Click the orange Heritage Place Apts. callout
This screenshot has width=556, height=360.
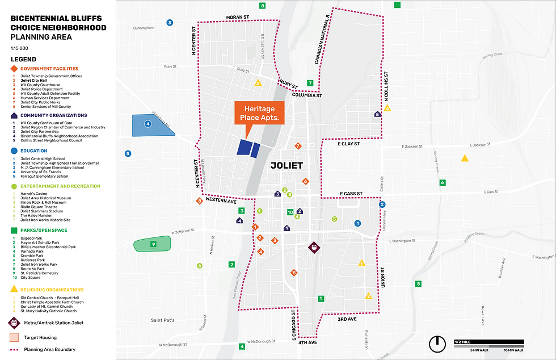(259, 113)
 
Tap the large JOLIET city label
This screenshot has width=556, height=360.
(287, 166)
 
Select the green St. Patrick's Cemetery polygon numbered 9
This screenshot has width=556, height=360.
(152, 245)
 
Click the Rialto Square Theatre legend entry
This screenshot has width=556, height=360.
(40, 207)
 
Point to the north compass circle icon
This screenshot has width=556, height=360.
(437, 344)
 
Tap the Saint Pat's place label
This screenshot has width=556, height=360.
(162, 320)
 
